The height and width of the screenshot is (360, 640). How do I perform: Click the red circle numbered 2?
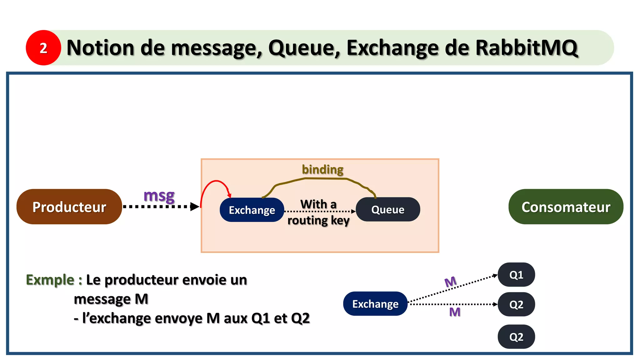(x=43, y=48)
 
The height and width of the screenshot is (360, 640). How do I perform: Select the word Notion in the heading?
(x=100, y=48)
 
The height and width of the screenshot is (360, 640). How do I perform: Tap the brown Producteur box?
(x=69, y=207)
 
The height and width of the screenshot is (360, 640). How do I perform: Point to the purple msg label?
(x=159, y=196)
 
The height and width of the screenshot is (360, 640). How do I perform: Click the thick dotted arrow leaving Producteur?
(x=159, y=207)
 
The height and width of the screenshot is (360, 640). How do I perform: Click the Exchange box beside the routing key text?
(x=252, y=210)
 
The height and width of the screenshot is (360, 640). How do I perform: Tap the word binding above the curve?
(x=322, y=169)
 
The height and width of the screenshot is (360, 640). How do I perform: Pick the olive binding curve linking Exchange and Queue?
(x=322, y=178)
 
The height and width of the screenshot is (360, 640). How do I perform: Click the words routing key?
(x=318, y=220)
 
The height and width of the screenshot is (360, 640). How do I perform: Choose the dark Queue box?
(x=388, y=209)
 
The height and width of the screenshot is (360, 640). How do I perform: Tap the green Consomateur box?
(x=566, y=207)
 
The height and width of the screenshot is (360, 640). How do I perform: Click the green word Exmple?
(x=50, y=280)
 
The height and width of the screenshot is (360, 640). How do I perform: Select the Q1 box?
(x=516, y=275)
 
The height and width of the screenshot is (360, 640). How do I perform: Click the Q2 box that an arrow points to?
(x=516, y=304)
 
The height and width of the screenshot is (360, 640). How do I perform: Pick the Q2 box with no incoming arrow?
(x=516, y=337)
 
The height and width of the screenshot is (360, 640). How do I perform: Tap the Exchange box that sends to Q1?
(x=375, y=304)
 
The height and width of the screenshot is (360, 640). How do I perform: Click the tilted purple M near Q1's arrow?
(x=450, y=282)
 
